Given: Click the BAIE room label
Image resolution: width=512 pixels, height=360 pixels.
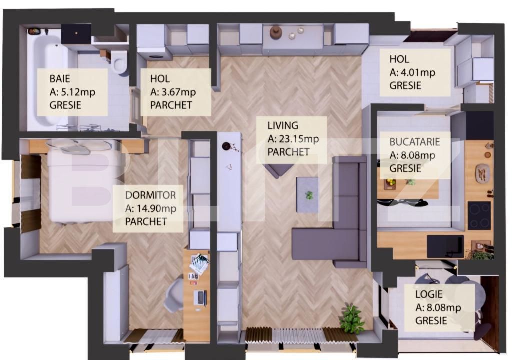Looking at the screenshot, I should (60, 79).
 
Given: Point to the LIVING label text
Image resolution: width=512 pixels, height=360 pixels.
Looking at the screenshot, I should (283, 126).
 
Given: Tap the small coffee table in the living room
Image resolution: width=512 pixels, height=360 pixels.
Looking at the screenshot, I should (307, 195).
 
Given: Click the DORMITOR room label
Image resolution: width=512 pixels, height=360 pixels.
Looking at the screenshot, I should (151, 195).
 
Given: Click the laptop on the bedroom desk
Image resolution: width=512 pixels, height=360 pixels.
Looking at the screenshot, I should (200, 298).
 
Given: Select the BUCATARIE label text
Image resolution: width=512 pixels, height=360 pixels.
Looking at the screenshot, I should (415, 142).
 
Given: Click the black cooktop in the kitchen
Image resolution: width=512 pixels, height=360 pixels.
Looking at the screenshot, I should (479, 216).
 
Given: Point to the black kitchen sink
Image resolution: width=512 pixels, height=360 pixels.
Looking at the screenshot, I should (445, 246).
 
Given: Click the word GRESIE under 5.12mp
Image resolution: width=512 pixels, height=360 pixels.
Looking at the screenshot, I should (65, 105).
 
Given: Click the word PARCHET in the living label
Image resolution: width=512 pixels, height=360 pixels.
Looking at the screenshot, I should (289, 152).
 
